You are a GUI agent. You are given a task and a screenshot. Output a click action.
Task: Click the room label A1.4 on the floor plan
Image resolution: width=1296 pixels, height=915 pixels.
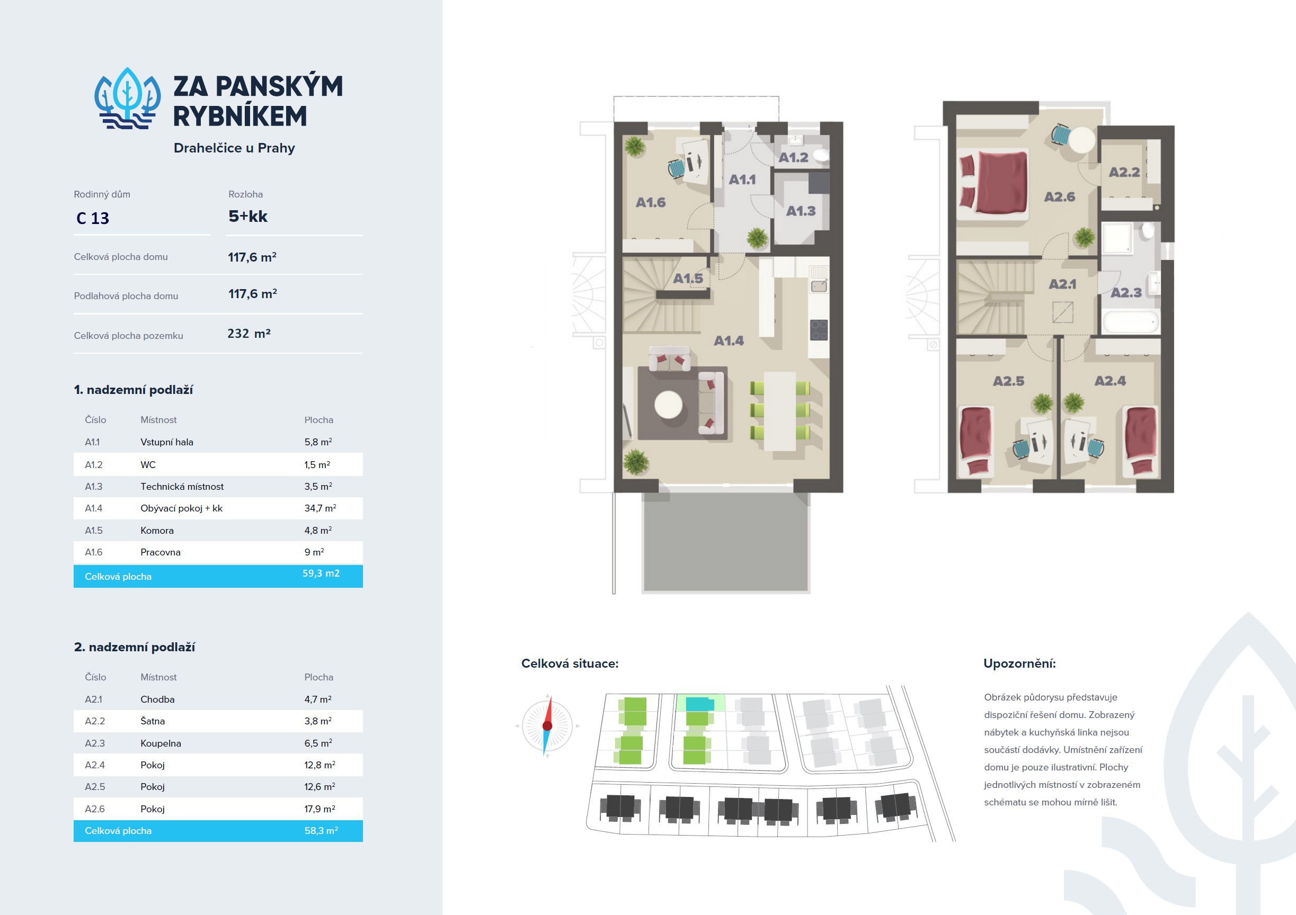pos(729,340)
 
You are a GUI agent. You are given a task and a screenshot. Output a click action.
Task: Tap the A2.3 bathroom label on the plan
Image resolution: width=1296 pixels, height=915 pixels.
pos(1126,293)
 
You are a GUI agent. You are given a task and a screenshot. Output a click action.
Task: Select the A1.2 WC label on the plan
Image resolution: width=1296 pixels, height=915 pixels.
pos(794,157)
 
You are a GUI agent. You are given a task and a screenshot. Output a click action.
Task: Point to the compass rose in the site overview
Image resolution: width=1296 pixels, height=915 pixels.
pos(547,725)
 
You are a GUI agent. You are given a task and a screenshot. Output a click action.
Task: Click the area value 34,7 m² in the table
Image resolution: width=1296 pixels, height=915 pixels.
pos(320,508)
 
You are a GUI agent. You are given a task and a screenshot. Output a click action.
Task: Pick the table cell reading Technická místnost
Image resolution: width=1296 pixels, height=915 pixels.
pos(182,486)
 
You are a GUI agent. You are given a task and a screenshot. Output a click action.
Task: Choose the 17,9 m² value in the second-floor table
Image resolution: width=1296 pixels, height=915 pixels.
pos(319,809)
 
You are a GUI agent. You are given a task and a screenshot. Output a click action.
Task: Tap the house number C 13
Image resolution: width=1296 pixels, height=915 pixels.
pos(93,218)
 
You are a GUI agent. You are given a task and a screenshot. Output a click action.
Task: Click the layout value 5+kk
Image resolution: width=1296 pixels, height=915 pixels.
pos(248,216)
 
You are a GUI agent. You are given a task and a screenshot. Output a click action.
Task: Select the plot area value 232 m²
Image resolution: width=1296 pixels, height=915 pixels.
pos(249,334)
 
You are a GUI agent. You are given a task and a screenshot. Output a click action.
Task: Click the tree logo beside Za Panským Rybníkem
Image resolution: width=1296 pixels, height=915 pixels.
pos(128,98)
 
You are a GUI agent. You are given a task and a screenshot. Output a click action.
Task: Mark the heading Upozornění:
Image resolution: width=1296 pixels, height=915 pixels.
pos(1019,663)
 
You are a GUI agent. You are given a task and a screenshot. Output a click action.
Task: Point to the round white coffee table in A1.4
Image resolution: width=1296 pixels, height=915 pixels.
pos(668,405)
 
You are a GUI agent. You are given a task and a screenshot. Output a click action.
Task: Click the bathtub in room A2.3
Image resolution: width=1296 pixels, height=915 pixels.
pos(1131,322)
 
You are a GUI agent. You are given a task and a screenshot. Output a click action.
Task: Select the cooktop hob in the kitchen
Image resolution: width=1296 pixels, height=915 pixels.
pos(819,330)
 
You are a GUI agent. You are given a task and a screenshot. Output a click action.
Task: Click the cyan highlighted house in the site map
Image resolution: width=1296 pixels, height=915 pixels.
pos(700,704)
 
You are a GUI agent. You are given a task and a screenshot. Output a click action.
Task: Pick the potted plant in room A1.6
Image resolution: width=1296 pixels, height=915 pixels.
pos(634,147)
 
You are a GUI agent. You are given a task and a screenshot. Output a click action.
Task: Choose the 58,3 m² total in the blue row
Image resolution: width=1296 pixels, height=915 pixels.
pos(321,831)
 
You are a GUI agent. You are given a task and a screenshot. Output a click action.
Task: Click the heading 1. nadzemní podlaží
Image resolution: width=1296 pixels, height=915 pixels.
pos(133,390)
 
